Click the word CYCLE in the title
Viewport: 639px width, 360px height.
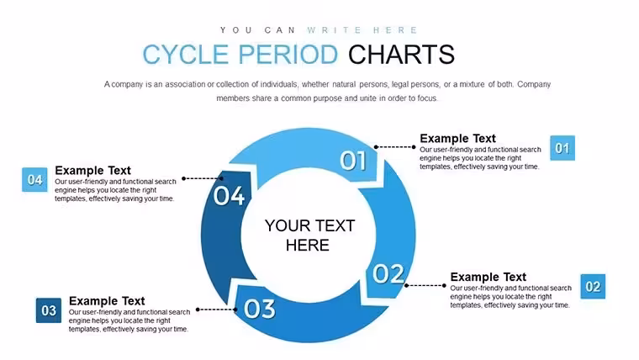tap(186, 55)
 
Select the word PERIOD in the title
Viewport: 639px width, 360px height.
tap(288, 55)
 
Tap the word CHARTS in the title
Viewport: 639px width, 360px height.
tap(401, 55)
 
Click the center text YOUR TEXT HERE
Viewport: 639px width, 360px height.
tap(309, 236)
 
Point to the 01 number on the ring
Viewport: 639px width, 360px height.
tap(353, 160)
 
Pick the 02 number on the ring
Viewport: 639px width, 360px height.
tap(388, 273)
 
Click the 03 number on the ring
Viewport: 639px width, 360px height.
tap(260, 309)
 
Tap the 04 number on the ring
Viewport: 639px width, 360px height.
tap(229, 196)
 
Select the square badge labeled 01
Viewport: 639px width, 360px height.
tap(562, 148)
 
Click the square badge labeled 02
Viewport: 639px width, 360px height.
tap(593, 287)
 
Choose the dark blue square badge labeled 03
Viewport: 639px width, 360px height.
tap(49, 310)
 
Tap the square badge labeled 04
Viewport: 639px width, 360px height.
tap(34, 180)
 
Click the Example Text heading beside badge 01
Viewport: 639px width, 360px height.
tap(457, 139)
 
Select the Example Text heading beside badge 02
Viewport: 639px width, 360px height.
tap(488, 278)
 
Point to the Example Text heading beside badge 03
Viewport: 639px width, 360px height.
tap(107, 301)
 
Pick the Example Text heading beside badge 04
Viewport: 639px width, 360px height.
tap(93, 171)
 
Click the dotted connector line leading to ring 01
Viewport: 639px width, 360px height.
tap(395, 146)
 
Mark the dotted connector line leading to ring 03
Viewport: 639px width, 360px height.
tap(216, 310)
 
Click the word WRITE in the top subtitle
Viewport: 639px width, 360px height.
tap(334, 30)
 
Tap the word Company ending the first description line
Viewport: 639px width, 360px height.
tap(534, 84)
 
